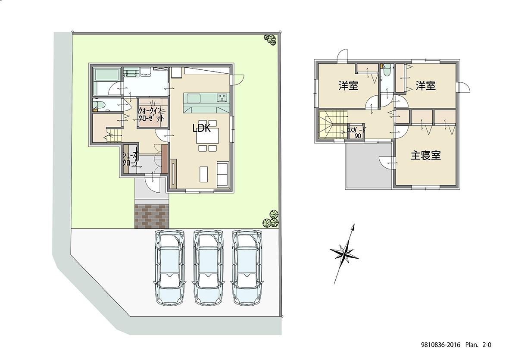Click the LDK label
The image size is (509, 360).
click(202, 128)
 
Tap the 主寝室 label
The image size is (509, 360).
click(425, 156)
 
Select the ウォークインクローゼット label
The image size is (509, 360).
click(151, 114)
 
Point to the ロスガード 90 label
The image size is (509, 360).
click(357, 133)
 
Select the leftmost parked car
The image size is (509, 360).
click(169, 267)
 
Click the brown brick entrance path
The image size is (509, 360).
click(152, 216)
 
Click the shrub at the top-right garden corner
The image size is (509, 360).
click(270, 39)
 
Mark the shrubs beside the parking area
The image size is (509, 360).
click(271, 219)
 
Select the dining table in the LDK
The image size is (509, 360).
click(207, 136)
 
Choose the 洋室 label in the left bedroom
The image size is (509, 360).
click(348, 86)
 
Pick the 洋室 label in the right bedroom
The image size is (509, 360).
click(425, 86)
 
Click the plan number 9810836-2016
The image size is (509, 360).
click(440, 345)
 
